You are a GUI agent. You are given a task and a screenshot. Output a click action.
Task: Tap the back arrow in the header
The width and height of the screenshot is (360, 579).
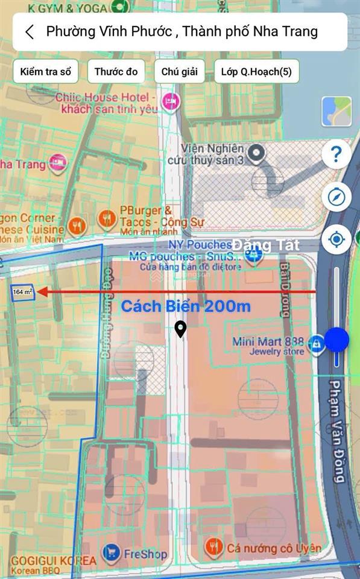(30, 32)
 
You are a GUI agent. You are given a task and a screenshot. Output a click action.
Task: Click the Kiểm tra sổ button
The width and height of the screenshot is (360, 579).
(45, 72)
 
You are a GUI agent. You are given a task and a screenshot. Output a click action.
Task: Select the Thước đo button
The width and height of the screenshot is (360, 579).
(116, 72)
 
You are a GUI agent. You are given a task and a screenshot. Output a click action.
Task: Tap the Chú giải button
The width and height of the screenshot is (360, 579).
(179, 72)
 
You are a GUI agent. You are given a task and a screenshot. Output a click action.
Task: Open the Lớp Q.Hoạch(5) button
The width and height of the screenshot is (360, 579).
(256, 72)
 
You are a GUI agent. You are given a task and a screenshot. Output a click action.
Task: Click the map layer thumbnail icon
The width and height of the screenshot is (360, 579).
(336, 112)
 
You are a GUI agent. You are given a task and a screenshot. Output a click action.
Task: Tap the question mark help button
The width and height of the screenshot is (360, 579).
(336, 155)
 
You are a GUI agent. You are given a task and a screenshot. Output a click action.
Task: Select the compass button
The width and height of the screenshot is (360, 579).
(336, 197)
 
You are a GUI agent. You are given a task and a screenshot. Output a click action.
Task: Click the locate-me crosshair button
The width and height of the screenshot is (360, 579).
(336, 239)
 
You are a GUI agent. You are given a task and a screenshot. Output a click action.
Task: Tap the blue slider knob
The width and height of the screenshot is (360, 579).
(336, 340)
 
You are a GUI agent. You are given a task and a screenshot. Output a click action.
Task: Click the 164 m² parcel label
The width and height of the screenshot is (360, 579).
(23, 292)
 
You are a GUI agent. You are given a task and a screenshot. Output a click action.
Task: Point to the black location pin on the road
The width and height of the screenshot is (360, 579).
(180, 329)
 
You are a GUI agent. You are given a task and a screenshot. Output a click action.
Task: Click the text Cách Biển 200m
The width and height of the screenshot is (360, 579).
(186, 306)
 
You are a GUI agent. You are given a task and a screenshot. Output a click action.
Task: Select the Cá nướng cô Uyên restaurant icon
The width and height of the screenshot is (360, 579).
(213, 547)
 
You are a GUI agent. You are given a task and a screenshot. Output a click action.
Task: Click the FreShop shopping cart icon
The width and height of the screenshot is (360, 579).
(110, 552)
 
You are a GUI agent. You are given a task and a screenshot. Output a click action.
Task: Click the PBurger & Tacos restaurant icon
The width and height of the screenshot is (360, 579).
(107, 218)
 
